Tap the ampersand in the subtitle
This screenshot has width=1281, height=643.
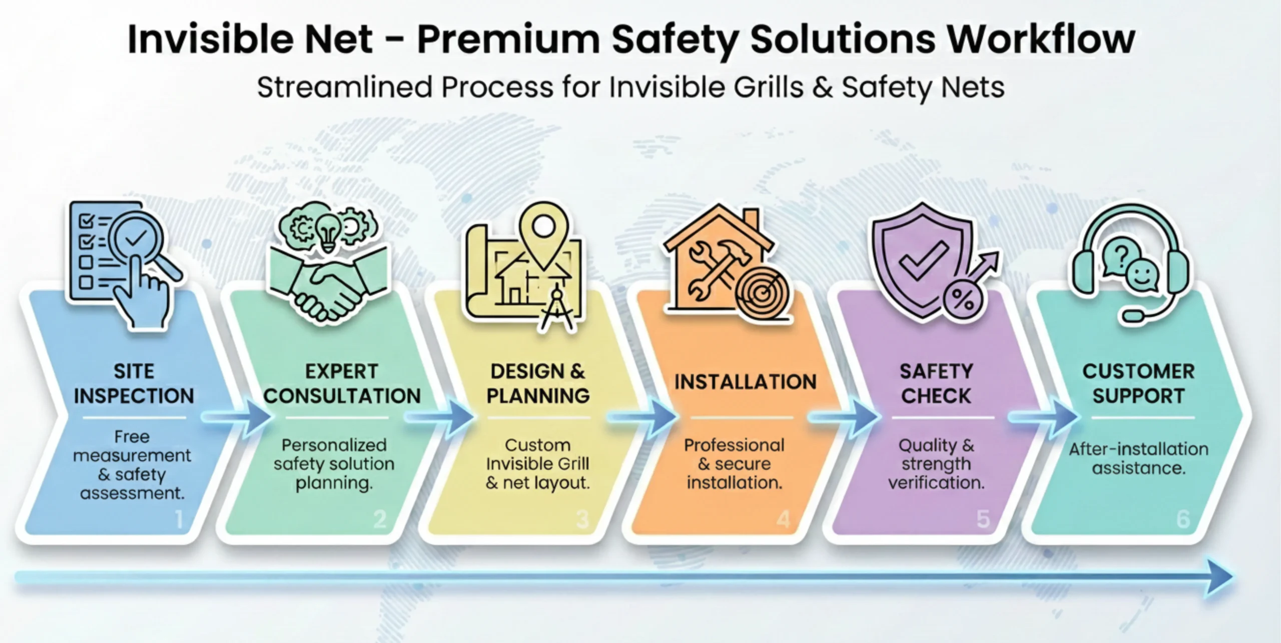pyautogui.click(x=822, y=87)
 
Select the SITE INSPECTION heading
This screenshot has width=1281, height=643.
pyautogui.click(x=134, y=383)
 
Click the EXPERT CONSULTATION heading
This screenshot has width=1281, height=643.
pyautogui.click(x=342, y=383)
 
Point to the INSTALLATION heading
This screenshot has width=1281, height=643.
pyautogui.click(x=745, y=382)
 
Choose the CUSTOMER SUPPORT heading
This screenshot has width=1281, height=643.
pyautogui.click(x=1138, y=383)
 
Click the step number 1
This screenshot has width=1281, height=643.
pyautogui.click(x=179, y=519)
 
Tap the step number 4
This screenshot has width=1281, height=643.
pyautogui.click(x=783, y=519)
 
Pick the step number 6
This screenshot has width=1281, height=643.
pyautogui.click(x=1183, y=519)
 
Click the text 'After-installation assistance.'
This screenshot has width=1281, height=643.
pyautogui.click(x=1139, y=458)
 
